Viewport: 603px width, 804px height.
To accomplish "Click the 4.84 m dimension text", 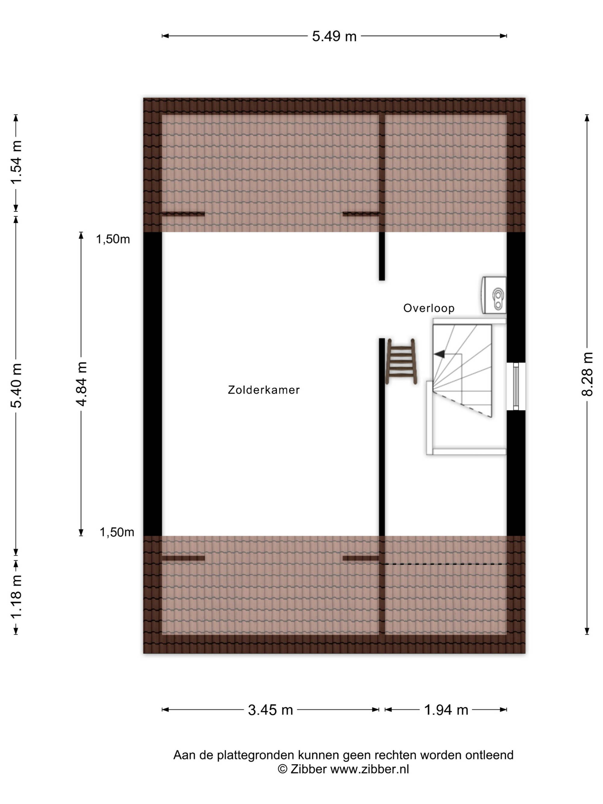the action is tap(81, 384).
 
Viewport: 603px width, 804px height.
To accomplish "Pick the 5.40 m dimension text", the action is tap(16, 385).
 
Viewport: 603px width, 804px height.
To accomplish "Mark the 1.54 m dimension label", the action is tap(16, 162).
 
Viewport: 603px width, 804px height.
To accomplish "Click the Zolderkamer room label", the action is tap(264, 390).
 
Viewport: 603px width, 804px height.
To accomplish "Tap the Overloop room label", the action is tap(429, 308).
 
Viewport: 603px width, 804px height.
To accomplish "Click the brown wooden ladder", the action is tap(401, 361).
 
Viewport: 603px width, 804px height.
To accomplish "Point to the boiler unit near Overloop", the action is tap(494, 295).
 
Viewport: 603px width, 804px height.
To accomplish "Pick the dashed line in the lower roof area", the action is tap(446, 564).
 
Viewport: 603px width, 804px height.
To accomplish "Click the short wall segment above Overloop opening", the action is tap(382, 256).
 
